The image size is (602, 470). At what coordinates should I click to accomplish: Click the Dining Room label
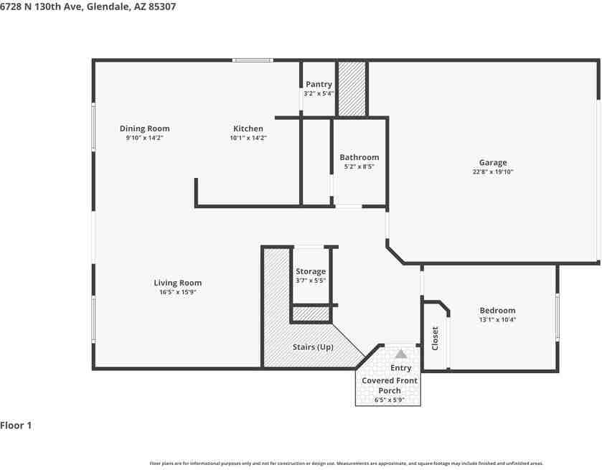[144, 129]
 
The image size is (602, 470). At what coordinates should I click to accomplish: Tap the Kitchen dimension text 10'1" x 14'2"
[248, 138]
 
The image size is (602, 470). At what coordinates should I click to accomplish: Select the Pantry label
[319, 85]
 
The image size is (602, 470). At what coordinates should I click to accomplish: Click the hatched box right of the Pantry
[352, 89]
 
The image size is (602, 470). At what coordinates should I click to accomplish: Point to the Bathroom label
[359, 157]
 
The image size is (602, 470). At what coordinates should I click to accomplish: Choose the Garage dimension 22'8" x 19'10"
[492, 172]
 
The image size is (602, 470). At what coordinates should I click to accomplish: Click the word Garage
[493, 163]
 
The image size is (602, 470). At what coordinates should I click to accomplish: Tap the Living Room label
[177, 283]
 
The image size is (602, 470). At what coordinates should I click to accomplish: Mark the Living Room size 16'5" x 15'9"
[177, 292]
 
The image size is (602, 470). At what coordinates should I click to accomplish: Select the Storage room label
[311, 271]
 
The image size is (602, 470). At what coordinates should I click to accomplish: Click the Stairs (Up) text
[313, 347]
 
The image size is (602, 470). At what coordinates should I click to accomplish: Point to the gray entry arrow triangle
[400, 354]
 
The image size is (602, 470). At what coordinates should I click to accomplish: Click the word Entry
[400, 368]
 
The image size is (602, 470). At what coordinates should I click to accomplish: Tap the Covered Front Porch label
[390, 385]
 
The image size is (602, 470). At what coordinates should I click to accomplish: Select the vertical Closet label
[435, 339]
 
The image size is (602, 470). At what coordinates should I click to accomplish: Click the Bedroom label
[497, 311]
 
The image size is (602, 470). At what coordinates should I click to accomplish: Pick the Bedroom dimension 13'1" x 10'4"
[497, 320]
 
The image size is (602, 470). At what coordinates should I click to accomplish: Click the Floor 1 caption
[16, 426]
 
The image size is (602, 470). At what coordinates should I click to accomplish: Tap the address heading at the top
[88, 6]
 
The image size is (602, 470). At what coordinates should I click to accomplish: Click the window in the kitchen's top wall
[253, 60]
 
